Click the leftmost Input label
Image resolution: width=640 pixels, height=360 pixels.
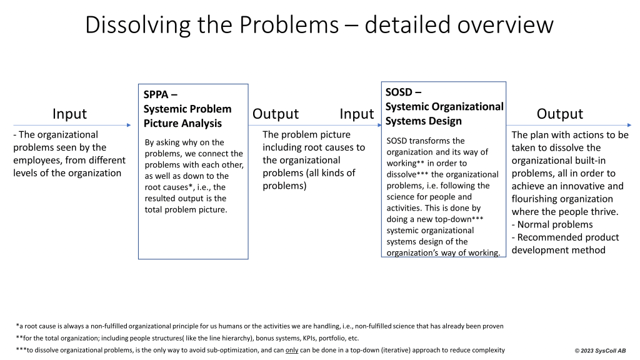tap(69, 114)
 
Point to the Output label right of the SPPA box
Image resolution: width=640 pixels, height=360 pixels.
tap(275, 114)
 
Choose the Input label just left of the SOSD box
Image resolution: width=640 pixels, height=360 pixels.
tap(356, 114)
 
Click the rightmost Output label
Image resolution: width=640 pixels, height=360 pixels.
tap(559, 114)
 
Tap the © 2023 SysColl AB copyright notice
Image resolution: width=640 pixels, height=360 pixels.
tap(600, 351)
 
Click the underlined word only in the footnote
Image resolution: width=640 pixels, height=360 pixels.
tap(292, 350)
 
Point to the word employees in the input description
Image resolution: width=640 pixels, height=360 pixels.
tap(39, 160)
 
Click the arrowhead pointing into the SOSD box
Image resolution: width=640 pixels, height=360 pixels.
tap(379, 125)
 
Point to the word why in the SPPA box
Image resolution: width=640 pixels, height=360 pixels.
tap(188, 142)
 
